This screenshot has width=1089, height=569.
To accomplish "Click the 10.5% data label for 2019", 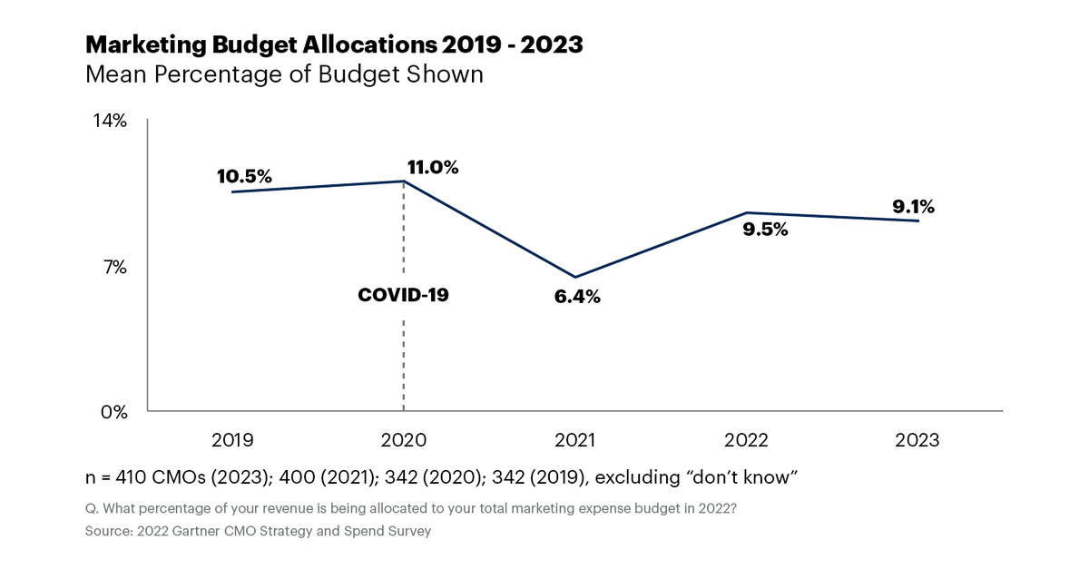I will tap(244, 177).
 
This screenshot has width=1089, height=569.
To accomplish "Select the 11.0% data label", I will tap(433, 167).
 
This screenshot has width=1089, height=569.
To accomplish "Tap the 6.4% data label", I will tap(577, 297).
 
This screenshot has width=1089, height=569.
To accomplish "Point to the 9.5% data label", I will tap(765, 230).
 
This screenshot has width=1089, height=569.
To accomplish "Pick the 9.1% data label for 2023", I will tap(913, 206).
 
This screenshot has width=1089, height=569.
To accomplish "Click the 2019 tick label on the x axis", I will tap(232, 440).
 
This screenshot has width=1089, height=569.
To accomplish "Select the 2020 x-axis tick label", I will tap(403, 440).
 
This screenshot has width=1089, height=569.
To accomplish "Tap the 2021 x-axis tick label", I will tap(574, 440).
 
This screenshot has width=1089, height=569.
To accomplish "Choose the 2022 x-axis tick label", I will tap(746, 440).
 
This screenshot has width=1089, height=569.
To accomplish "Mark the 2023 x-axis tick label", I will tap(917, 440).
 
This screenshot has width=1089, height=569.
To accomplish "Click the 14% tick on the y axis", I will tap(111, 121).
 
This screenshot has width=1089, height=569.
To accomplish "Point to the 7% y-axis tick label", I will tap(114, 267).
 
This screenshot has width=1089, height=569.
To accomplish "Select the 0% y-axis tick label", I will tap(113, 412).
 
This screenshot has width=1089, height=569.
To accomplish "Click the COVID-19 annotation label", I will tap(404, 294).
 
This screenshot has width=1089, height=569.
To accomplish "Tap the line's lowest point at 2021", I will tap(575, 277).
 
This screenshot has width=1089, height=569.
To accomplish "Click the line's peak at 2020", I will tap(404, 181).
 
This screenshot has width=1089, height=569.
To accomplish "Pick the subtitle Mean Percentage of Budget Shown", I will tap(284, 74).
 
